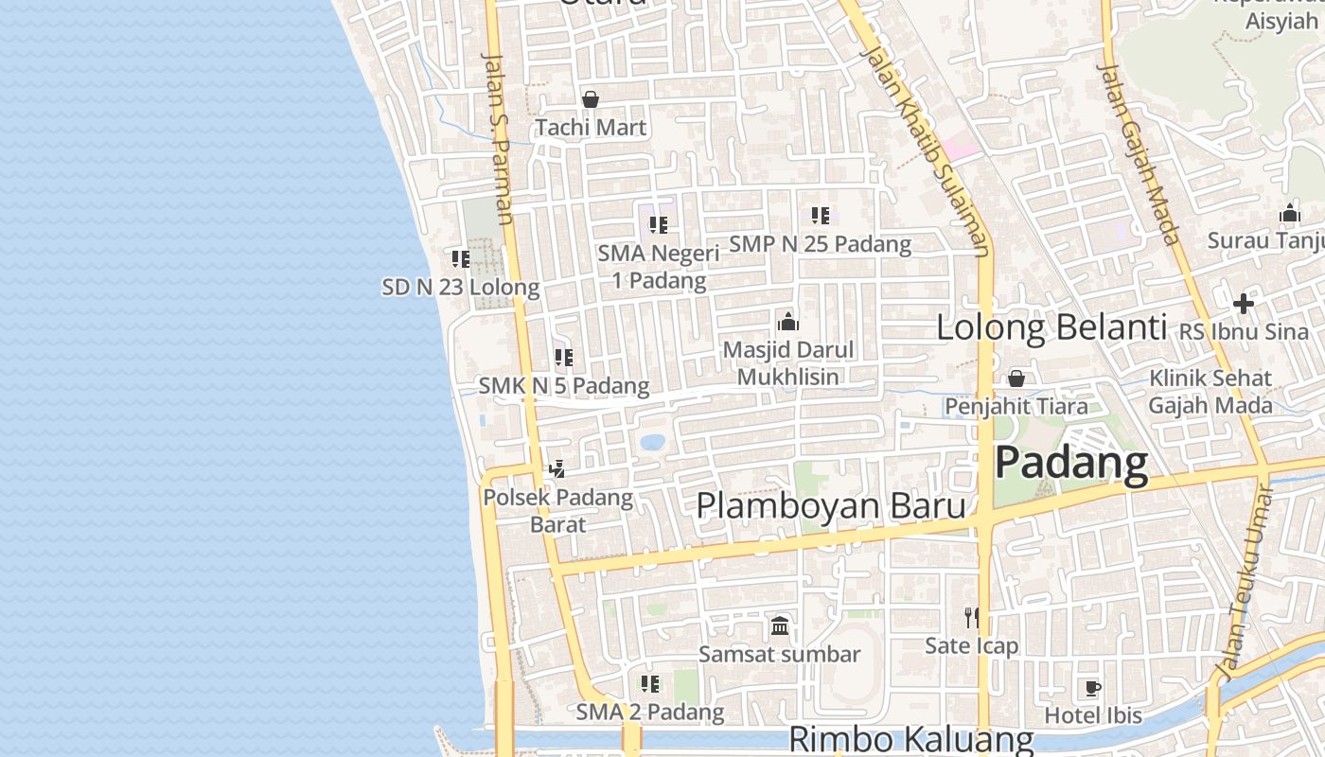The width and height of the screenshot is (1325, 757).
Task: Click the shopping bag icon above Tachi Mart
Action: point(591,99)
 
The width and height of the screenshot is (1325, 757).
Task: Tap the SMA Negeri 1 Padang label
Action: point(659,267)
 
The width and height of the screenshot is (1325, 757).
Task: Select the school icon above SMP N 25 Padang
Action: point(820,216)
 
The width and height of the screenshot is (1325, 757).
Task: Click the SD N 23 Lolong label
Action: point(461,287)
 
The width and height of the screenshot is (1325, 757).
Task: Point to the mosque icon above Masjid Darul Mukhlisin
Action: point(787,322)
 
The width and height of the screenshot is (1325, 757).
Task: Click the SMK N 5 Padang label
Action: point(564,386)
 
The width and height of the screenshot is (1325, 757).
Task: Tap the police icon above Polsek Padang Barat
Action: point(557,468)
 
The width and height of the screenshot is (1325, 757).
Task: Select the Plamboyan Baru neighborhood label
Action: point(830,505)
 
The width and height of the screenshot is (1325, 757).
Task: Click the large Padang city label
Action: point(1071,463)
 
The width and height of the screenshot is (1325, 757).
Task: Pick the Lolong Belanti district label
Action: point(1051,327)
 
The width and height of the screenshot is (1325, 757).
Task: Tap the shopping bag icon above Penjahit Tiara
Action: point(1016,378)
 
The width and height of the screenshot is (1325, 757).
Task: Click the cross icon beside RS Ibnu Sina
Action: point(1244,304)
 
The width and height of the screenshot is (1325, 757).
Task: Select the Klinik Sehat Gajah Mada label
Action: point(1210,392)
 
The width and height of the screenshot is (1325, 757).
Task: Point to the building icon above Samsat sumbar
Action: point(780,625)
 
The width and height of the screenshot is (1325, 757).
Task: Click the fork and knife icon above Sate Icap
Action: point(971,618)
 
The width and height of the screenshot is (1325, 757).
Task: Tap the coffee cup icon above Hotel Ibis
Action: point(1093,688)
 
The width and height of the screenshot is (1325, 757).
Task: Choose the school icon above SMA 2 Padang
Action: point(649,683)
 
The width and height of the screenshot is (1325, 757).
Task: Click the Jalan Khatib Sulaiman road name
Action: point(926,151)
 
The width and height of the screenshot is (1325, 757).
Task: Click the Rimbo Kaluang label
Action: point(910,739)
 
